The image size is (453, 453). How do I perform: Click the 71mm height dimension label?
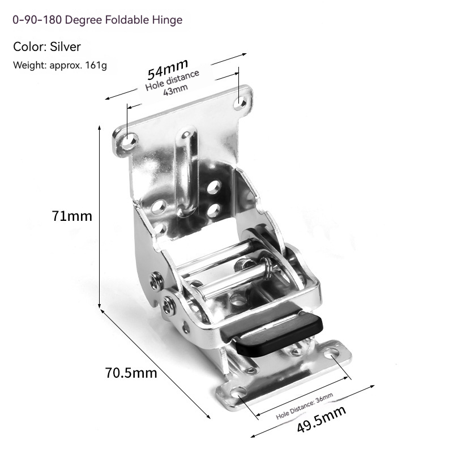click(x=72, y=216)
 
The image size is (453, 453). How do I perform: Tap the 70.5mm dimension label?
click(x=131, y=373)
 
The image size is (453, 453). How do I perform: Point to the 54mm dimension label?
click(x=168, y=69)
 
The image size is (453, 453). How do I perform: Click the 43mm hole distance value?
click(x=176, y=89)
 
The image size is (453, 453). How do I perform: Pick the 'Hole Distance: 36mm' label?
click(x=305, y=405)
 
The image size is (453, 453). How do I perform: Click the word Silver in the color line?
click(x=65, y=46)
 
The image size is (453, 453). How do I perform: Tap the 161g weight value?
click(x=96, y=65)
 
